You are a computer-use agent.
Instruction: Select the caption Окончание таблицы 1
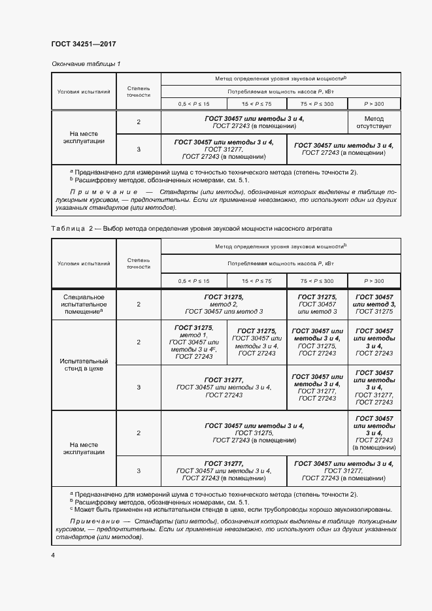click(86, 63)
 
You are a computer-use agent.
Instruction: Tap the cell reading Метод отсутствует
click(374, 122)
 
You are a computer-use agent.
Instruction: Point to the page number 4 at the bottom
click(53, 555)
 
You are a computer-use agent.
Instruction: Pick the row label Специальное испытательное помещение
click(84, 305)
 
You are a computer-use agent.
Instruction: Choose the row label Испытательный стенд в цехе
click(84, 365)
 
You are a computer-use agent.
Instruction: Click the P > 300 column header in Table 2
click(374, 281)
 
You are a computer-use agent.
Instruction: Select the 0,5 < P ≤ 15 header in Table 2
click(193, 281)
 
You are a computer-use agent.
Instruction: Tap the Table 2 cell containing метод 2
click(222, 304)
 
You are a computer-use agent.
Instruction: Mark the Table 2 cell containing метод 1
click(193, 342)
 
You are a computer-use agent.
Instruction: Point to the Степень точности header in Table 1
click(139, 91)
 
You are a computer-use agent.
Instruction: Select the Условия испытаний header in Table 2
click(84, 263)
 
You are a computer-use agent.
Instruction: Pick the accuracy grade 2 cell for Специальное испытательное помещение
click(139, 305)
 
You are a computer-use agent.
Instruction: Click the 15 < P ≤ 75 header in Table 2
click(256, 281)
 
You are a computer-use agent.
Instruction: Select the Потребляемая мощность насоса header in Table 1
click(281, 91)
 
